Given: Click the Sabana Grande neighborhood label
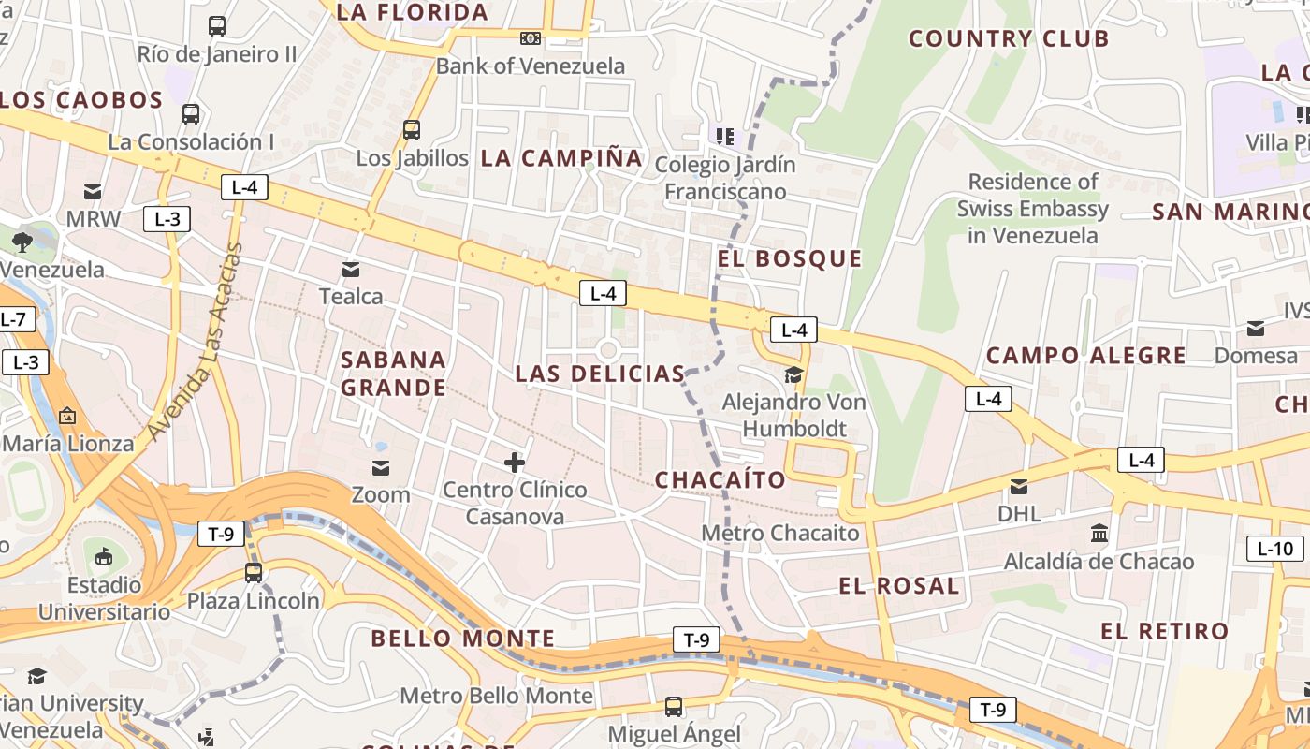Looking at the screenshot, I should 393,374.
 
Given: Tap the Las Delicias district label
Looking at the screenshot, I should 600,374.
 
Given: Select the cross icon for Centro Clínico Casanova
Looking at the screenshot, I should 515,462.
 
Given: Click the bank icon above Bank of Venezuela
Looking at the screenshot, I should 531,38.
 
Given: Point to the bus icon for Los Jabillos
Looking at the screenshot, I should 412,130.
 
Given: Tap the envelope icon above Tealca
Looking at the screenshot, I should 351,270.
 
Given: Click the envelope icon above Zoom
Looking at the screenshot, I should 381,467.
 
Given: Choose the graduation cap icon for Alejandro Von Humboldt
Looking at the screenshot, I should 793,375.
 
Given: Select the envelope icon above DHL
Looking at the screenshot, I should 1018,487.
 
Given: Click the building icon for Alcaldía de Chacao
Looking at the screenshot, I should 1099,534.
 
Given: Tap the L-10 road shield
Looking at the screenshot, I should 1274,549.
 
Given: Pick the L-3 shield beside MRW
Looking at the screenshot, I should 167,219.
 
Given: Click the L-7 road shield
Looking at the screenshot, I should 13,319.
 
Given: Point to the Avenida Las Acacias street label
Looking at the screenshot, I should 196,342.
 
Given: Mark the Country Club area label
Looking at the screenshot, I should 1009,38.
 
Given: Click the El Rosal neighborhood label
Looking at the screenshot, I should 899,586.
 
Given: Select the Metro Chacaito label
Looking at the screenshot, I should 780,533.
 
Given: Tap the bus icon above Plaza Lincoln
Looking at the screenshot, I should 253,572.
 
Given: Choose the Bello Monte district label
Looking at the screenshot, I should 463,639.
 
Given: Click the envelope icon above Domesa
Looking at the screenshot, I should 1256,328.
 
